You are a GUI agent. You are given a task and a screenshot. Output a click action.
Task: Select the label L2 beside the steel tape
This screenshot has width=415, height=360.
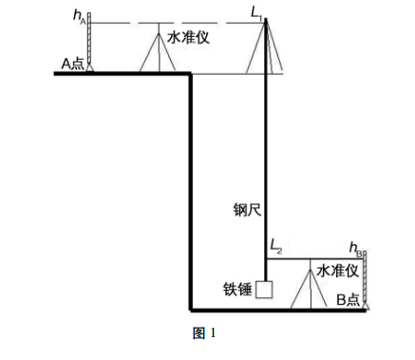pyautogui.click(x=276, y=245)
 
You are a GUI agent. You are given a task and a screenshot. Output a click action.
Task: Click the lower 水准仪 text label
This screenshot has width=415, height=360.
pyautogui.click(x=336, y=272)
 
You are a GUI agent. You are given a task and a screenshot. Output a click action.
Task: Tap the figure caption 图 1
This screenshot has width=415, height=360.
pyautogui.click(x=205, y=333)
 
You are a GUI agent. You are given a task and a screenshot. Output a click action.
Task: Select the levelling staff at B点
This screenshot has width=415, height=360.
pyautogui.click(x=365, y=280)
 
